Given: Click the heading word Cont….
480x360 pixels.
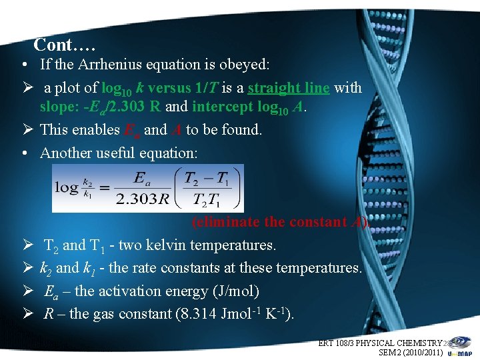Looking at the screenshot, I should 65,45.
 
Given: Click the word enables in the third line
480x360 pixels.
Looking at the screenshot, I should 96,129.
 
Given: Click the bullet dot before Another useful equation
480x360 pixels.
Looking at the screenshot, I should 23,153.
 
